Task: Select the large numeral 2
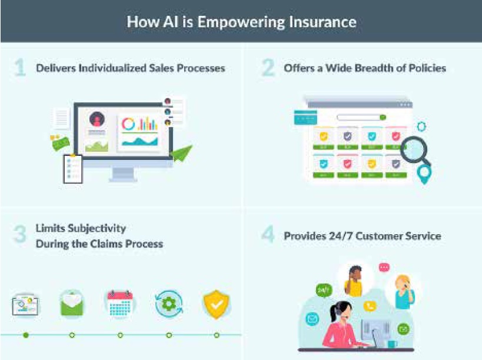click(268, 68)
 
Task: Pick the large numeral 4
click(268, 235)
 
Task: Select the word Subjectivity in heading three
click(97, 228)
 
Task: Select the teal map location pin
click(423, 174)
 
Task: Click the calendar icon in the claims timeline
click(120, 304)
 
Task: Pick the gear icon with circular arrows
click(168, 304)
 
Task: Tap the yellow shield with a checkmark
click(217, 304)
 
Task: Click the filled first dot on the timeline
click(25, 335)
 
